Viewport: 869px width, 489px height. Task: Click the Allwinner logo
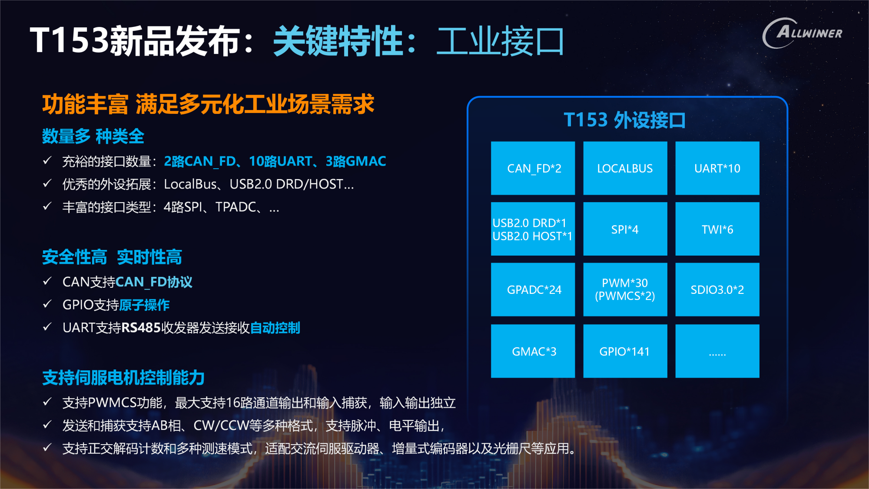(802, 33)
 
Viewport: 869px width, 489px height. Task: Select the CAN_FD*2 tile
(533, 168)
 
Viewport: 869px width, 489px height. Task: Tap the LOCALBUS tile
(625, 168)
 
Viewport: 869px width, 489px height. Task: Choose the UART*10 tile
(717, 168)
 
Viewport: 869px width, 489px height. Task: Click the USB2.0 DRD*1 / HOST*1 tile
(533, 229)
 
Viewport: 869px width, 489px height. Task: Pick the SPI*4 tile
(625, 229)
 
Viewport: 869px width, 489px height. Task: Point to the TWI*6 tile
(717, 229)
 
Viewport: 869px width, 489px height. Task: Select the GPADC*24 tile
(533, 289)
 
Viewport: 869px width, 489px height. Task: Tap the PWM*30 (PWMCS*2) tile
(625, 289)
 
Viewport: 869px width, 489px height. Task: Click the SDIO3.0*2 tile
(717, 289)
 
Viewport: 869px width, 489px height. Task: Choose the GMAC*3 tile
(533, 351)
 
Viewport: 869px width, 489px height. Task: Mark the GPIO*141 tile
(625, 351)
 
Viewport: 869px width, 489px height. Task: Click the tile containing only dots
(717, 351)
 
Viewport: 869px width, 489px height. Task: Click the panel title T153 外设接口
(625, 120)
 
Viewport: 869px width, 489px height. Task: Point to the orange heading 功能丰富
(85, 104)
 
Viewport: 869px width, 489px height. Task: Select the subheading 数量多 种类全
(93, 136)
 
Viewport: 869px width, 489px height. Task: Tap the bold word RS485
(141, 328)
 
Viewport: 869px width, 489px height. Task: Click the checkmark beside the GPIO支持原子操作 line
(47, 304)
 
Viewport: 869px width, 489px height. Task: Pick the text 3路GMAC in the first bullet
(356, 161)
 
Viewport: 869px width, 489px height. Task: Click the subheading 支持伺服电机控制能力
(123, 378)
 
